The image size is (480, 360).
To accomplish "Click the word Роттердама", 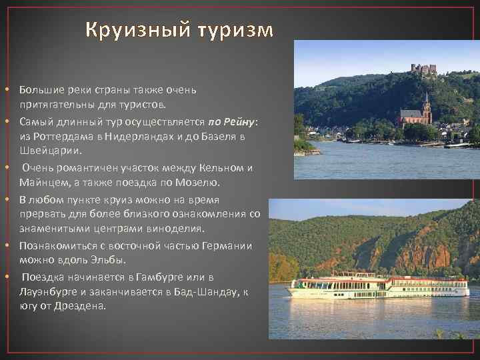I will click(x=59, y=136).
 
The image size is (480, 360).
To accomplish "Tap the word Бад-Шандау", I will click(x=205, y=291).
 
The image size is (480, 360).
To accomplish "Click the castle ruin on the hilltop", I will click(x=423, y=69).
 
